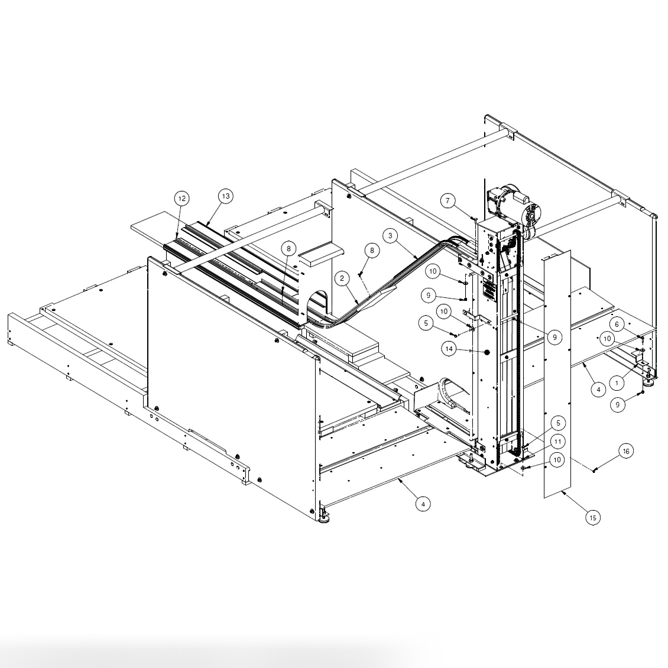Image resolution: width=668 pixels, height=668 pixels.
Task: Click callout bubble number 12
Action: click(x=182, y=199)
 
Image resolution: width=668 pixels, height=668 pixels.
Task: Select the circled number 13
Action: click(x=225, y=196)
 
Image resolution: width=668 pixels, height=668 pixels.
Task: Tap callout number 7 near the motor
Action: click(x=448, y=202)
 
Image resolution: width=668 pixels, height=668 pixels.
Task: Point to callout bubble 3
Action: click(x=390, y=235)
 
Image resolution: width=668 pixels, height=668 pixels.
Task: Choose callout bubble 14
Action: click(x=449, y=349)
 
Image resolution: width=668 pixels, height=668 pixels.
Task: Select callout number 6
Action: click(x=617, y=325)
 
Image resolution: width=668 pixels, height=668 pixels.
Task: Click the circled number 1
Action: click(x=617, y=383)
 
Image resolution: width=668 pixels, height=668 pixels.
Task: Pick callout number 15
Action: click(x=593, y=517)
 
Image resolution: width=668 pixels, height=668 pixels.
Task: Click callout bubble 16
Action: click(x=626, y=451)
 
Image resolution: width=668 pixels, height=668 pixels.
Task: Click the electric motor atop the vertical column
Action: click(x=511, y=207)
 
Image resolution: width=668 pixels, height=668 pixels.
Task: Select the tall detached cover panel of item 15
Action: click(x=557, y=378)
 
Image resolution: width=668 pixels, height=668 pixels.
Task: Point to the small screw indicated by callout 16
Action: click(x=594, y=471)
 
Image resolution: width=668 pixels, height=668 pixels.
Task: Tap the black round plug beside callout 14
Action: click(x=487, y=352)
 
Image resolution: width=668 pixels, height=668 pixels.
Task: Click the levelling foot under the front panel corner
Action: click(x=323, y=518)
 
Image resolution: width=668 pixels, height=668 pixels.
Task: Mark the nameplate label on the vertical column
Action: click(x=490, y=290)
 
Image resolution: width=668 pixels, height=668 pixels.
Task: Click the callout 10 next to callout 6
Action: click(x=607, y=339)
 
